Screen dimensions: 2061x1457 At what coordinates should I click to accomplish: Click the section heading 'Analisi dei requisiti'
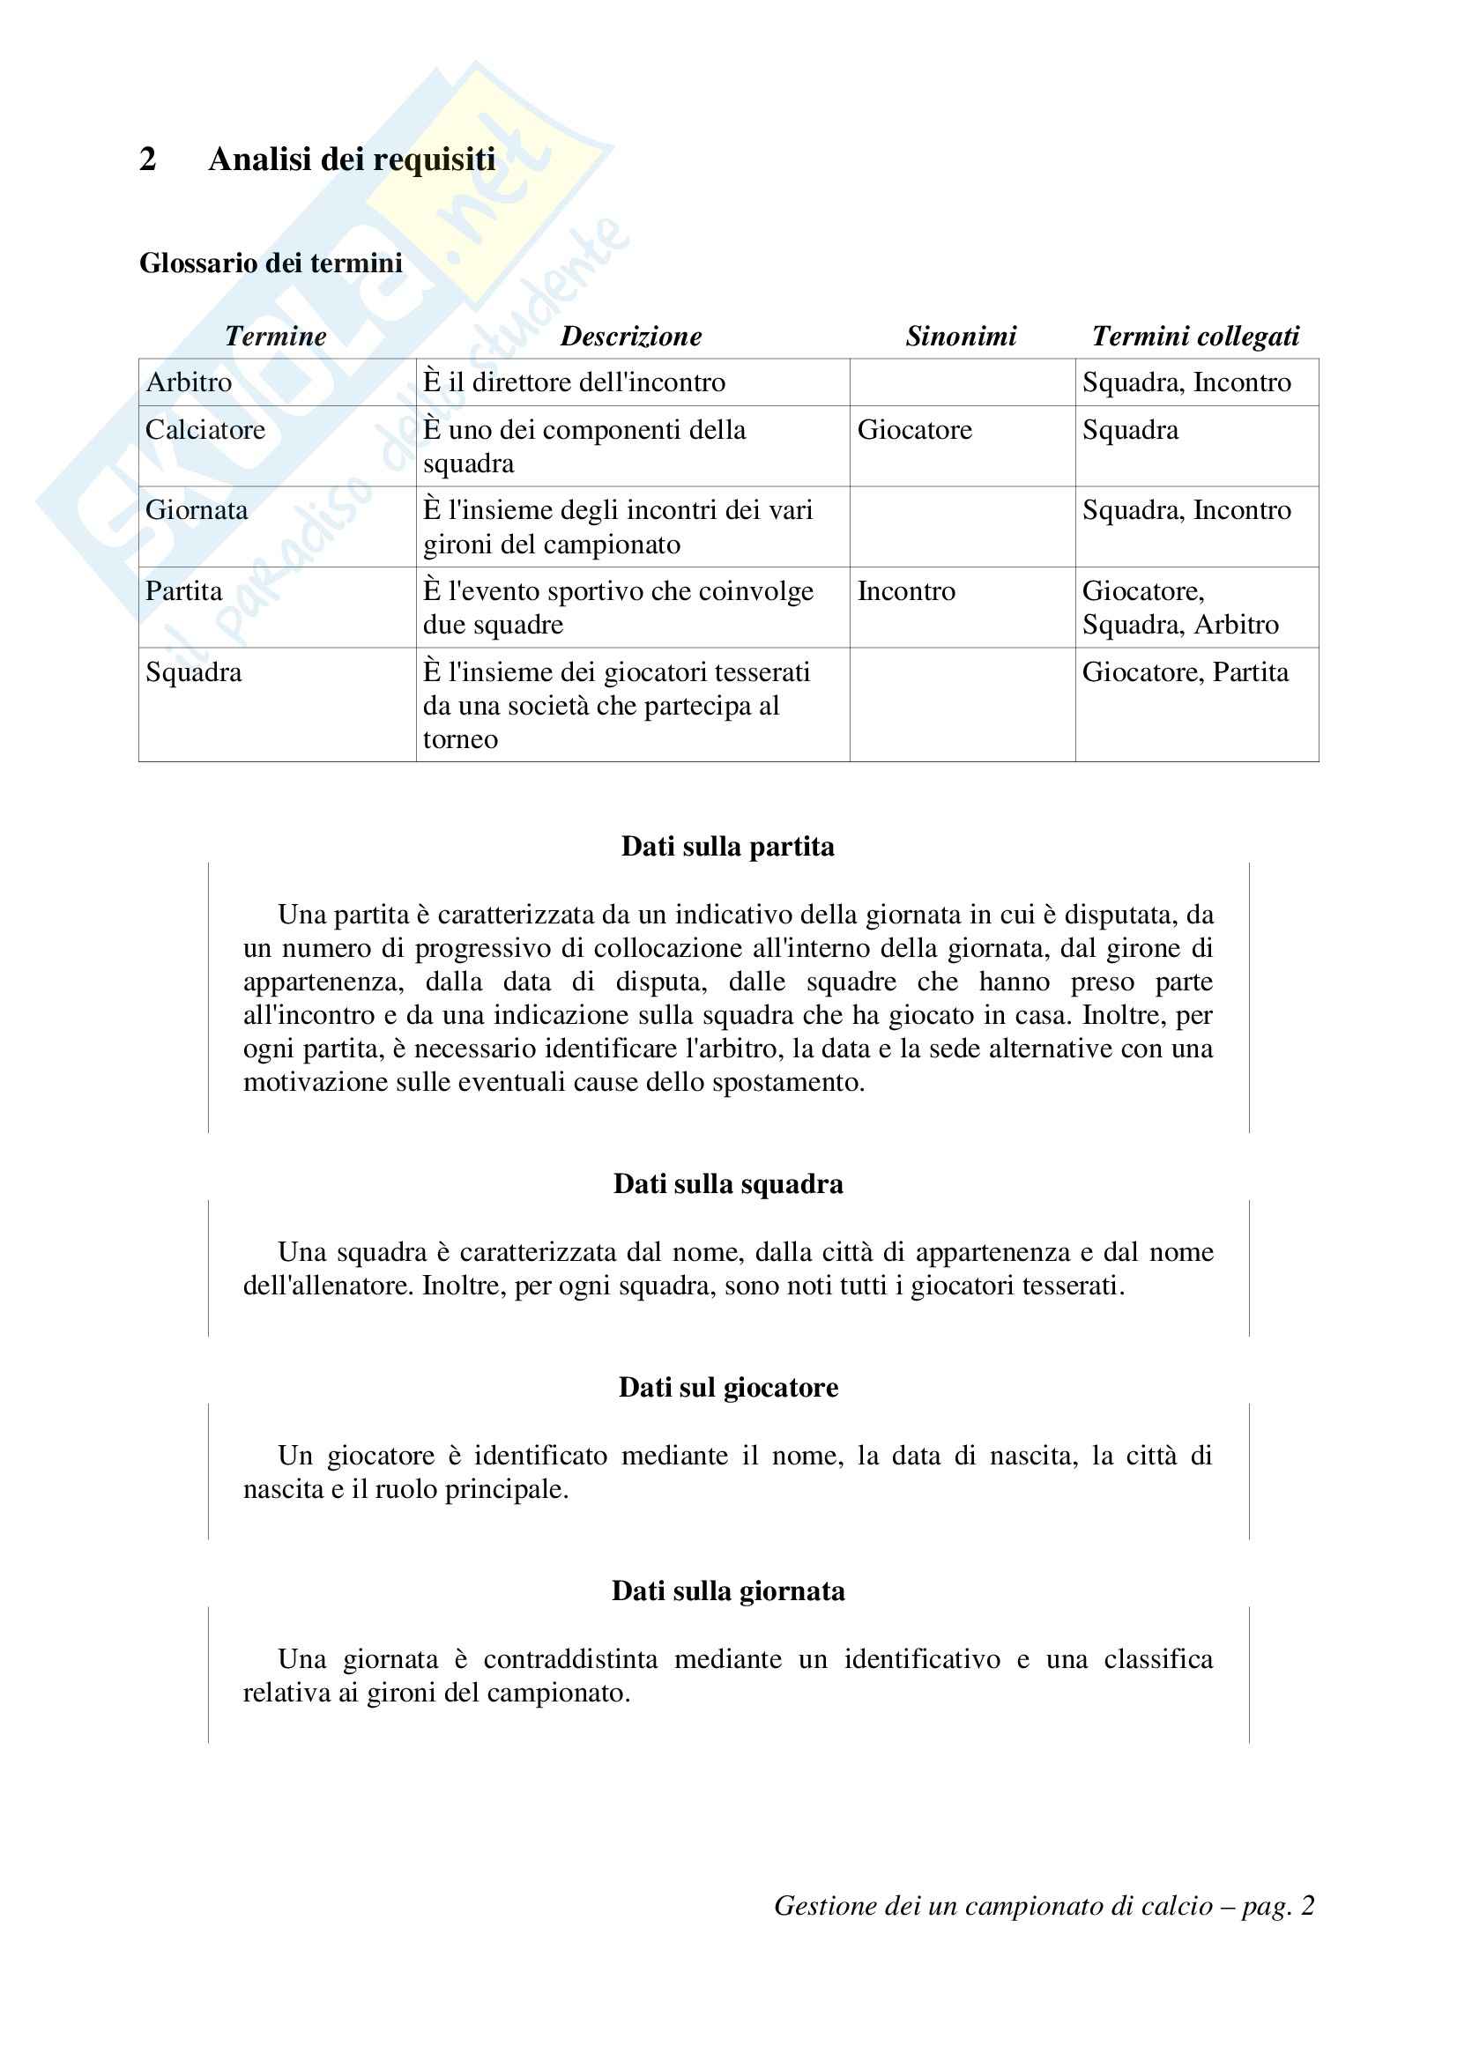coord(351,159)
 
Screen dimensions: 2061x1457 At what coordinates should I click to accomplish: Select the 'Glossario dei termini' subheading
coord(271,263)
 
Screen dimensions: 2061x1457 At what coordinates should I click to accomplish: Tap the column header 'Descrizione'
coord(631,336)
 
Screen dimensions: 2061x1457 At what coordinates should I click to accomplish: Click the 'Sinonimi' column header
coord(961,336)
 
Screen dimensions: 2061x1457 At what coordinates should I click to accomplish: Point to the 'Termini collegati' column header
coord(1195,336)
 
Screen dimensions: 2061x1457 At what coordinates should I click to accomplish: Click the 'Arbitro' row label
coord(189,382)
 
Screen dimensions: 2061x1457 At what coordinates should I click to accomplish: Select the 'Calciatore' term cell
coord(205,430)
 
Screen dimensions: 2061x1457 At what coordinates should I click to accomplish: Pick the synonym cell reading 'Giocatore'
coord(914,430)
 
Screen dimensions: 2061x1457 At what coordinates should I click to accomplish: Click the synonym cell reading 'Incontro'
coord(906,591)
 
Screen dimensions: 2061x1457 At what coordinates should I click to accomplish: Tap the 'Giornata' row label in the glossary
coord(197,510)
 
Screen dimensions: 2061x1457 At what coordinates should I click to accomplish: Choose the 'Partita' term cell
coord(184,591)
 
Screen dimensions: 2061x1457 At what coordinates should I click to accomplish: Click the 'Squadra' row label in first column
coord(194,672)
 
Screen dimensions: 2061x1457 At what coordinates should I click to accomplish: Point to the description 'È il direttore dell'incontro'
coord(574,382)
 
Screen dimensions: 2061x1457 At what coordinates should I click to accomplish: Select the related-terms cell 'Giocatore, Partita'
coord(1185,672)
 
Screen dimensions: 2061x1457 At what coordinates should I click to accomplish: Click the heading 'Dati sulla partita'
coord(727,847)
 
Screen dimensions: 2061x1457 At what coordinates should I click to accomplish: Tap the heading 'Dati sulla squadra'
coord(728,1184)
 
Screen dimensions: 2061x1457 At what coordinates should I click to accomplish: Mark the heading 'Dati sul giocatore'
coord(728,1387)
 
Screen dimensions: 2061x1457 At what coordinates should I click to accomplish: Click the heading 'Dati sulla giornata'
coord(728,1590)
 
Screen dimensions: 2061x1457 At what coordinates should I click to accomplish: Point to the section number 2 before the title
coord(148,159)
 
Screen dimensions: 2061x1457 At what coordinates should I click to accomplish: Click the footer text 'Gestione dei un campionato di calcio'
coord(992,1905)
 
